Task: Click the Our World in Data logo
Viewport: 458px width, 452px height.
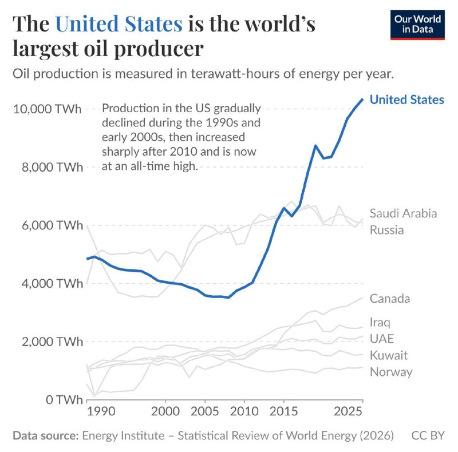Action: point(417,25)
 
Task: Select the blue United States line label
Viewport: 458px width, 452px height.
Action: point(407,100)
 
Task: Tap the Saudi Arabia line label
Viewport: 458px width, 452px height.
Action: point(403,213)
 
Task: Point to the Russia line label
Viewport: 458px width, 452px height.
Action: point(387,230)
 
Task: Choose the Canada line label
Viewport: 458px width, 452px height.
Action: point(390,299)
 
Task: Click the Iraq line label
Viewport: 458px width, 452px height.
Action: point(380,323)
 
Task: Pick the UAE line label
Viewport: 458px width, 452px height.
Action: point(382,339)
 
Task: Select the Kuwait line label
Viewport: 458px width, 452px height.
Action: point(389,355)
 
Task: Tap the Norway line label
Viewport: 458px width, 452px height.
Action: point(391,372)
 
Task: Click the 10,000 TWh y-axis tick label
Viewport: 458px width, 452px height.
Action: point(48,109)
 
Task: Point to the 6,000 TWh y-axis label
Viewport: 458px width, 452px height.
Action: point(52,225)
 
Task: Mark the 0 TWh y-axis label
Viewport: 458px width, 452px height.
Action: point(64,400)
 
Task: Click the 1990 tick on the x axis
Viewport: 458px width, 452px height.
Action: point(101,411)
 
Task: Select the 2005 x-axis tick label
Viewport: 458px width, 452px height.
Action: point(205,411)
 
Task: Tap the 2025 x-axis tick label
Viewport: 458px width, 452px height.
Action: point(348,411)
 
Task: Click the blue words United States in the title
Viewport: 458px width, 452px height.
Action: point(119,23)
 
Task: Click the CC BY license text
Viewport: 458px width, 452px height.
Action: point(428,435)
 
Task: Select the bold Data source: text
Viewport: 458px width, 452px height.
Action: point(46,435)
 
